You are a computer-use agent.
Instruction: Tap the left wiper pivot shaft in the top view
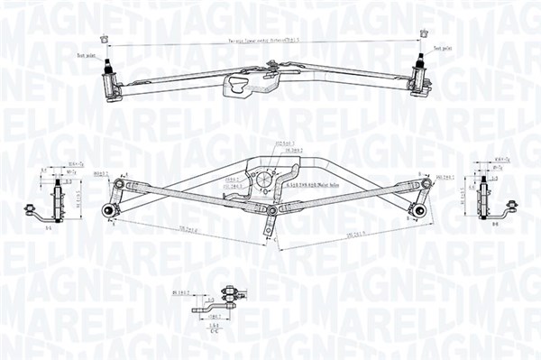click(x=110, y=69)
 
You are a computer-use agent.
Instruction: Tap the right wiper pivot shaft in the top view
click(x=420, y=67)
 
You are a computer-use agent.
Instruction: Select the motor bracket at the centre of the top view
click(x=241, y=86)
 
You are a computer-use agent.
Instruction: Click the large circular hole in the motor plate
click(x=264, y=179)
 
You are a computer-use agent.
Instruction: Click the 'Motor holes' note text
click(x=316, y=184)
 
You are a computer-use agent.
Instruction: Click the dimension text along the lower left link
click(x=188, y=230)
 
